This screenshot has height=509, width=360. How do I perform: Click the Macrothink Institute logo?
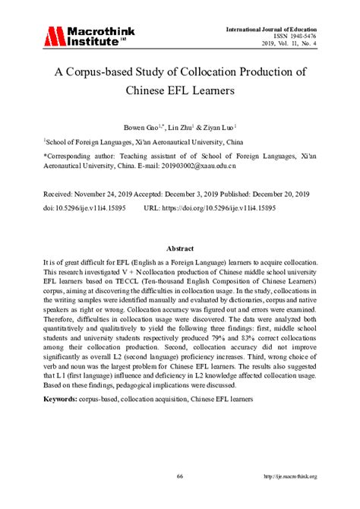84,36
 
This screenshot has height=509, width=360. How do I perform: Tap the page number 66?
180,476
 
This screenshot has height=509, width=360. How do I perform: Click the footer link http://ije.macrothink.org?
289,476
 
